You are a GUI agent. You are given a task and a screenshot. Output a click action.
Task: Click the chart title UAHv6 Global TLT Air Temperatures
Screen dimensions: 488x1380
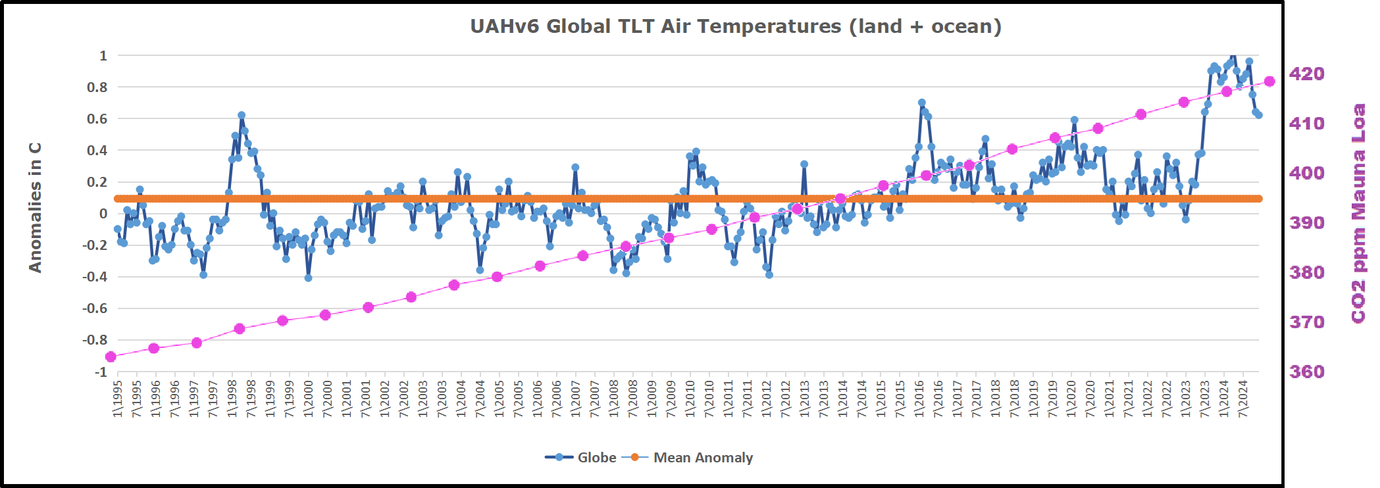(735, 26)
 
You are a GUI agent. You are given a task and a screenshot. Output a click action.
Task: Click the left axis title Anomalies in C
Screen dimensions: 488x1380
(35, 207)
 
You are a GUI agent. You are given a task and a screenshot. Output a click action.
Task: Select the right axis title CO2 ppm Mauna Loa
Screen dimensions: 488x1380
(1358, 214)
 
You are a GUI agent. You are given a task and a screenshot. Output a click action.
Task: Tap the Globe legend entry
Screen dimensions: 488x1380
(581, 458)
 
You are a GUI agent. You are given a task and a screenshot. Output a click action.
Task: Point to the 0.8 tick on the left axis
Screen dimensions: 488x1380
(97, 87)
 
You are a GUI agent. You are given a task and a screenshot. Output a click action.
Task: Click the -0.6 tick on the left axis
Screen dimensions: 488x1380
(95, 308)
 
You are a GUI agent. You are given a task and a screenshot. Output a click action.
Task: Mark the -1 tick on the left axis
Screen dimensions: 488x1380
(100, 372)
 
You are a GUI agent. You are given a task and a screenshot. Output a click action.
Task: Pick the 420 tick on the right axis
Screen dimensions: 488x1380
(1306, 74)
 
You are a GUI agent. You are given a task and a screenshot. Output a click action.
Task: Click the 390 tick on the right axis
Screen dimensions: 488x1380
(1306, 223)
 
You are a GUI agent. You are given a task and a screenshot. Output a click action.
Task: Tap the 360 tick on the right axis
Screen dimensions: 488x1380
(1306, 372)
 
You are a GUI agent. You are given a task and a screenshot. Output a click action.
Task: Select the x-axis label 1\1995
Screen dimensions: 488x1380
(118, 398)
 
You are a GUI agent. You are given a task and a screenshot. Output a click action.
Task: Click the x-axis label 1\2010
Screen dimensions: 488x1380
(690, 398)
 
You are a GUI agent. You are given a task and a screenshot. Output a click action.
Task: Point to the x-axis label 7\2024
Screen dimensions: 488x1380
(1243, 398)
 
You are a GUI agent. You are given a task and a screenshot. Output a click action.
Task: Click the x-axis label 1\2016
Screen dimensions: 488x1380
(919, 398)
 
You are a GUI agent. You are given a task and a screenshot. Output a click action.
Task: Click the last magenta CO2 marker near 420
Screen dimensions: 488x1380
(1269, 82)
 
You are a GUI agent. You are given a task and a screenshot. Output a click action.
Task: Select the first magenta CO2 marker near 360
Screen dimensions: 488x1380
(111, 356)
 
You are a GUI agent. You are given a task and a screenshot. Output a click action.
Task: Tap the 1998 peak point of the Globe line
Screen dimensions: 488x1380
(242, 116)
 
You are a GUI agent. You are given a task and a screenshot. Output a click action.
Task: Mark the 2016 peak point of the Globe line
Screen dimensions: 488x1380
(921, 103)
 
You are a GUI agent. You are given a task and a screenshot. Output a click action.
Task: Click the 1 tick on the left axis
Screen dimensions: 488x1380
(103, 56)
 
